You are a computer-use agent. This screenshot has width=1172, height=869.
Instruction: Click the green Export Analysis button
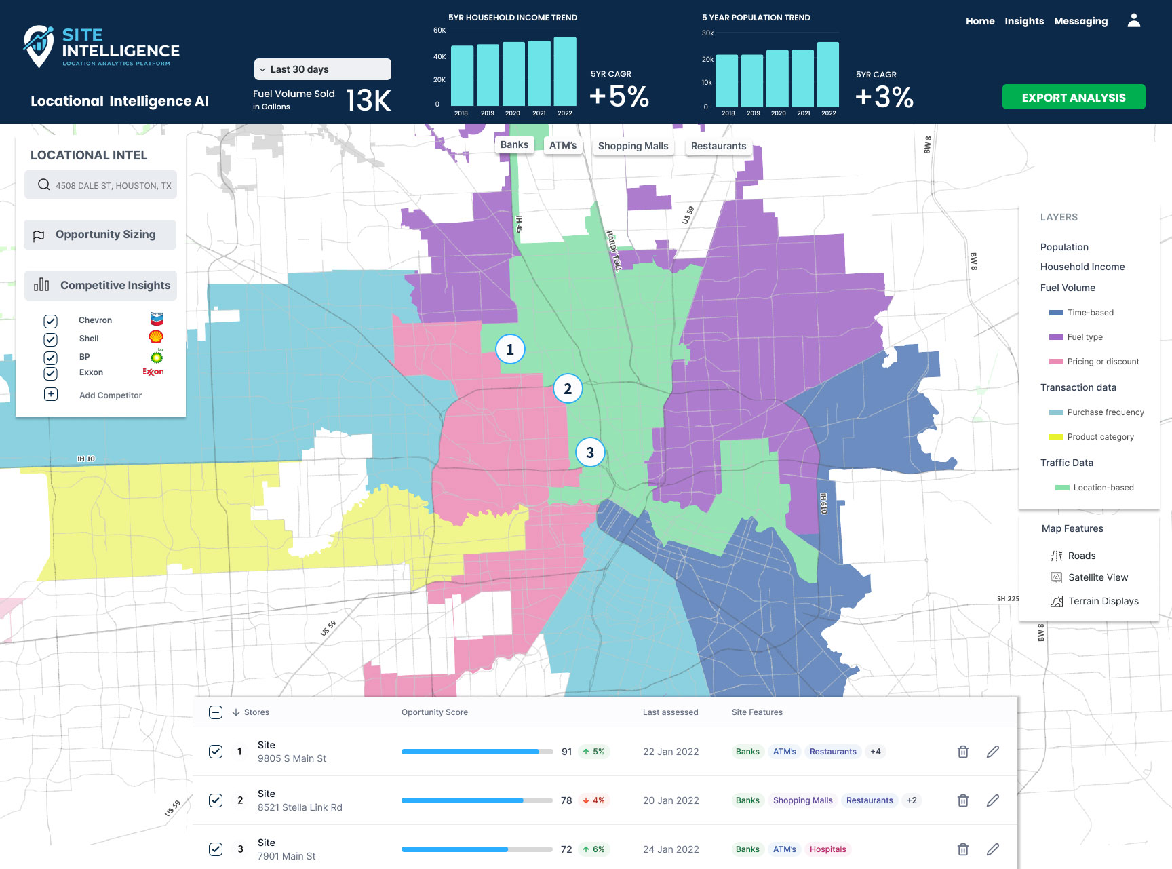pyautogui.click(x=1074, y=97)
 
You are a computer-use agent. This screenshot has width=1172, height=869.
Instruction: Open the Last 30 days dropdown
pyautogui.click(x=323, y=69)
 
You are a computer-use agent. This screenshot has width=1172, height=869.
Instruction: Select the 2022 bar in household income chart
pyautogui.click(x=565, y=71)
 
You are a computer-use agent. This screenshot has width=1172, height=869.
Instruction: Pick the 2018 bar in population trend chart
pyautogui.click(x=727, y=81)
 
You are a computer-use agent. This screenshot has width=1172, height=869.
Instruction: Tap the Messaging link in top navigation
pyautogui.click(x=1080, y=21)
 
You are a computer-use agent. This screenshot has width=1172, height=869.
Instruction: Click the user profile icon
pyautogui.click(x=1134, y=20)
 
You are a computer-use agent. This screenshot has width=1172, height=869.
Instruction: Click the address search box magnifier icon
pyautogui.click(x=43, y=185)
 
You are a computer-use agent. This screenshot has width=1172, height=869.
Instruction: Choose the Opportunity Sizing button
pyautogui.click(x=100, y=235)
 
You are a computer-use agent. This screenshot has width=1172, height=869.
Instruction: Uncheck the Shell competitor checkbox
pyautogui.click(x=51, y=339)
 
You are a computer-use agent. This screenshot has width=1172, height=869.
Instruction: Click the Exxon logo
pyautogui.click(x=153, y=372)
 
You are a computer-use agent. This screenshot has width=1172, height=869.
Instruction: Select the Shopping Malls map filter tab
pyautogui.click(x=633, y=146)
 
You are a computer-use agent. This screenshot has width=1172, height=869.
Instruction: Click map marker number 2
pyautogui.click(x=568, y=389)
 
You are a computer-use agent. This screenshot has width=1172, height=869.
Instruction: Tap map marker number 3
pyautogui.click(x=590, y=452)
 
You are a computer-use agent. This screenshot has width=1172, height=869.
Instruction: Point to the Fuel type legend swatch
pyautogui.click(x=1056, y=337)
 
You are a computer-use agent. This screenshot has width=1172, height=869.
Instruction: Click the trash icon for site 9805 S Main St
pyautogui.click(x=963, y=752)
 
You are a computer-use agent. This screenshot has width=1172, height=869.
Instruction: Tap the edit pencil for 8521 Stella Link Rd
pyautogui.click(x=993, y=800)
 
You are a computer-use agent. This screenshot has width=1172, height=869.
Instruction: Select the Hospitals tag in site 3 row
pyautogui.click(x=828, y=849)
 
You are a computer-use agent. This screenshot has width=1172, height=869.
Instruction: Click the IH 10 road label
pyautogui.click(x=86, y=459)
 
